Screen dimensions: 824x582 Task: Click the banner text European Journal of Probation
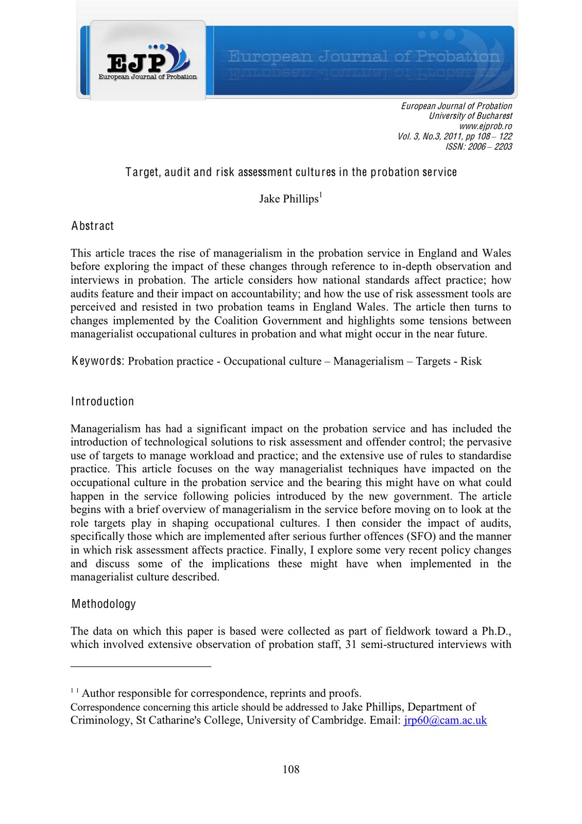364,56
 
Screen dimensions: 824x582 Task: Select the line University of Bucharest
470,116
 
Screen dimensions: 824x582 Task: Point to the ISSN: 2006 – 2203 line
478,147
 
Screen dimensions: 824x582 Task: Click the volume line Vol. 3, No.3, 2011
455,136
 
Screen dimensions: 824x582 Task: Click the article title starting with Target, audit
291,172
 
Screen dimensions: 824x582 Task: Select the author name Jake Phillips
289,199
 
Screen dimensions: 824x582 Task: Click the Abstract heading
93,226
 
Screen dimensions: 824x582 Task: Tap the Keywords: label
98,361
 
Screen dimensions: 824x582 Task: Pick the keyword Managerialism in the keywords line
368,362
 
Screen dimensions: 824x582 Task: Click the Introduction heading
102,402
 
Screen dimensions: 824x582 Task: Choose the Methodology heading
104,604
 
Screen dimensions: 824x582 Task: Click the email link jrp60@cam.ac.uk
445,720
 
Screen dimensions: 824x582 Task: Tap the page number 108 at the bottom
291,769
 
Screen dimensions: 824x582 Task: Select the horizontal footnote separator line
141,667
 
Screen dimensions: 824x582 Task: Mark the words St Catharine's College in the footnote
189,720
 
